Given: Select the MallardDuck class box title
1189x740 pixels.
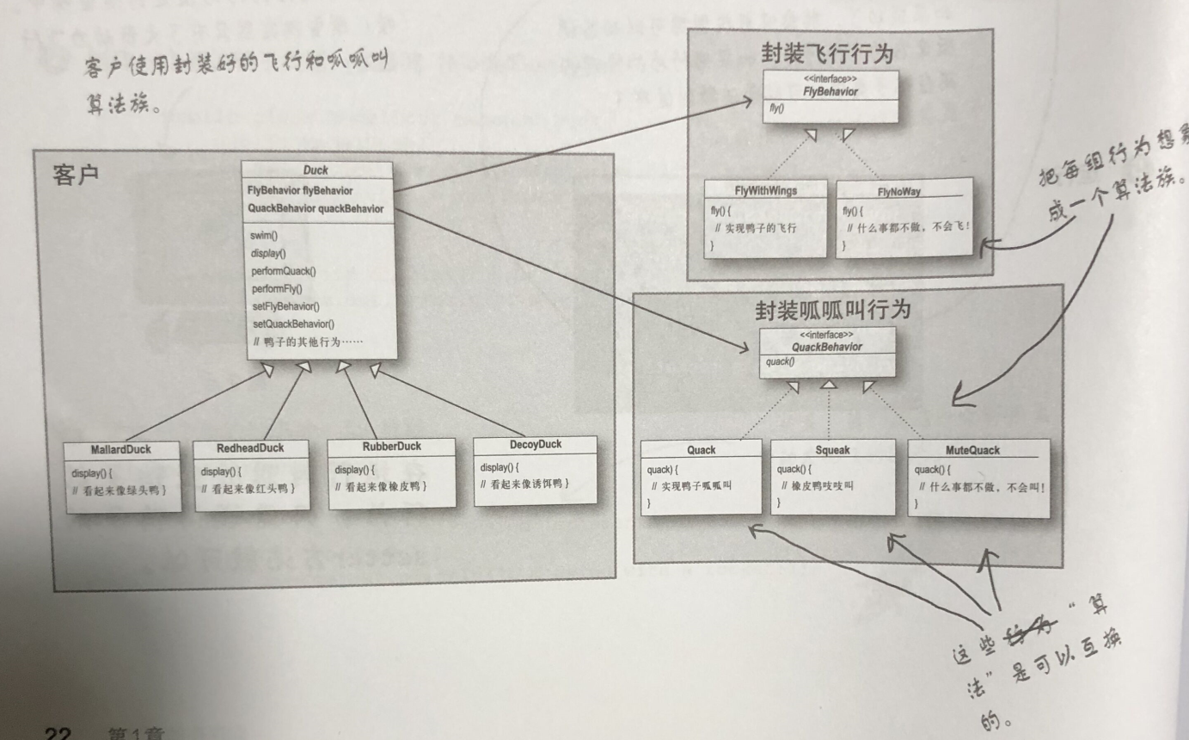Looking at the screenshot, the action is click(120, 450).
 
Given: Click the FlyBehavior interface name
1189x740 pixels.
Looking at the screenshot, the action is click(831, 92).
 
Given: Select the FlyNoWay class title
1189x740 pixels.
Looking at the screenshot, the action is click(898, 192).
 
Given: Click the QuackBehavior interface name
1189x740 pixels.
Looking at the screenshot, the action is click(826, 347).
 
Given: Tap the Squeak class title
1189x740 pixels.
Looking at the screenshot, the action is click(832, 450).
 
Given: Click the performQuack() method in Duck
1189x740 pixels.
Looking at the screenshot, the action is click(283, 271).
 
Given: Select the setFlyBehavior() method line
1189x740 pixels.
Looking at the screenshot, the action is click(285, 306).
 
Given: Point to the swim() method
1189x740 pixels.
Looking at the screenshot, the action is click(265, 235).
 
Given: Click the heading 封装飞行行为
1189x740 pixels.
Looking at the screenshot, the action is click(826, 54).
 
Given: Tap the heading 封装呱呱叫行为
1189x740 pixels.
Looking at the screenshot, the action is click(832, 310).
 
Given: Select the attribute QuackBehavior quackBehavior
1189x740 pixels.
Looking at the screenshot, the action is click(315, 208).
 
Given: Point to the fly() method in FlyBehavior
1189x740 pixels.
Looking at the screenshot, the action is click(776, 110).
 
